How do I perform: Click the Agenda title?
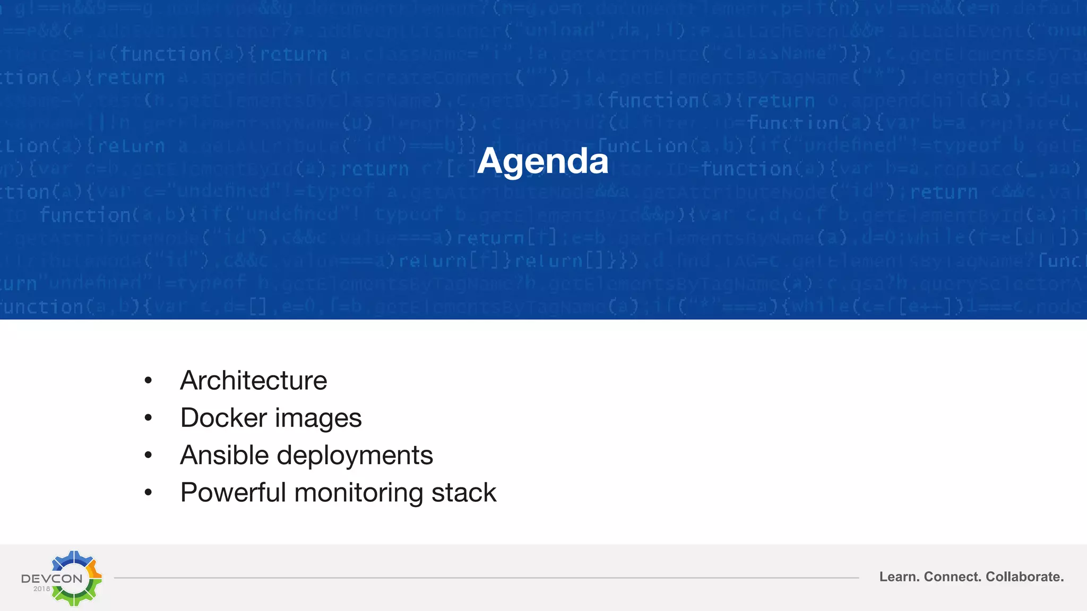coord(542,161)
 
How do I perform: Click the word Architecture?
coord(253,380)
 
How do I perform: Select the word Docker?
coord(223,417)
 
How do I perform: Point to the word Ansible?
coord(224,455)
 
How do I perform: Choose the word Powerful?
coord(233,492)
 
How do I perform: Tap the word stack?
coord(463,492)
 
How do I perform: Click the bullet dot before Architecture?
coord(148,380)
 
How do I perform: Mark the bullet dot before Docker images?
coord(148,418)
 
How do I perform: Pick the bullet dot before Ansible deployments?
coord(148,455)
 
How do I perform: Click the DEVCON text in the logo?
coord(51,578)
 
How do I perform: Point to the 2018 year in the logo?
coord(41,589)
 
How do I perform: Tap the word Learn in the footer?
coord(899,577)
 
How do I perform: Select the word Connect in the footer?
coord(953,577)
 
